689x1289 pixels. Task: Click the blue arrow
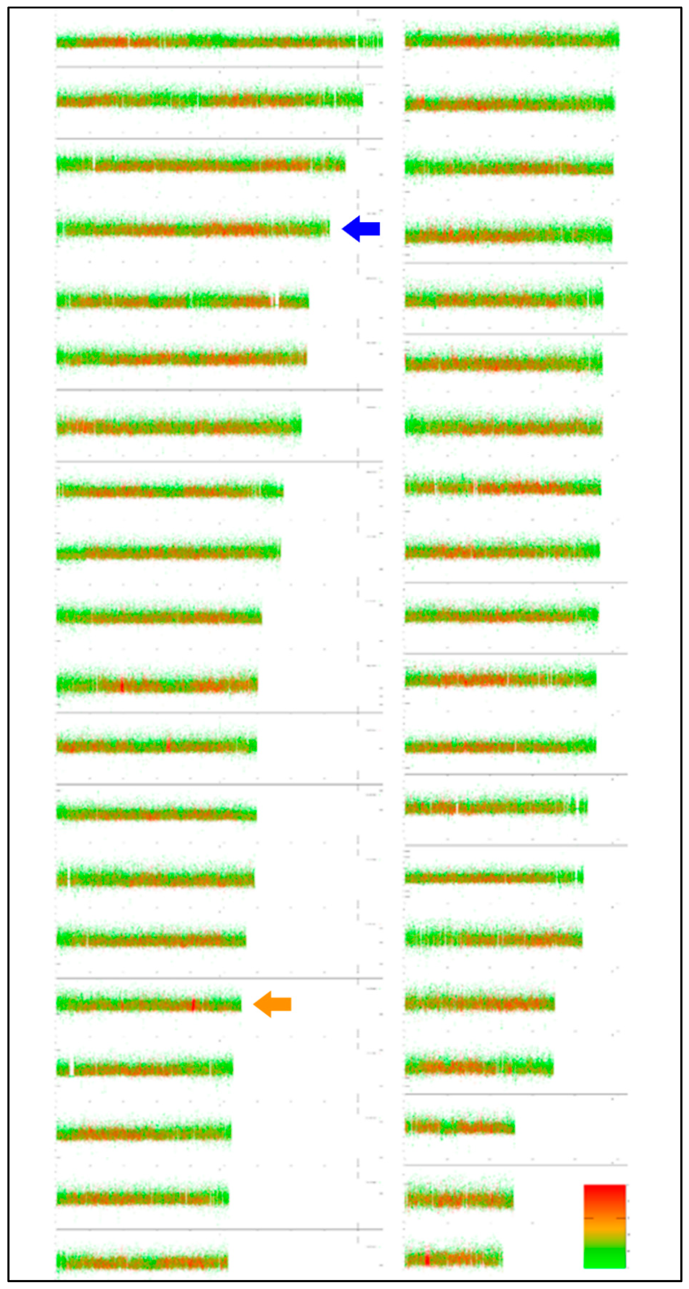tap(361, 229)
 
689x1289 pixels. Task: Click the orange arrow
tap(273, 1004)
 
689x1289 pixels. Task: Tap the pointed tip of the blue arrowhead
tap(343, 229)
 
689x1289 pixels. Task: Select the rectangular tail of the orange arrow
tap(282, 1004)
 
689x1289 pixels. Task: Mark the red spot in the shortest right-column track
tap(427, 1257)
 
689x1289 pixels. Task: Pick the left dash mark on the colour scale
tap(588, 1218)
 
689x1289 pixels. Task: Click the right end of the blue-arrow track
tap(329, 229)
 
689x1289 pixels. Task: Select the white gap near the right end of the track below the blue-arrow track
tap(274, 300)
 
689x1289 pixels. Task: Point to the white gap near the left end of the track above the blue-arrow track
tap(93, 163)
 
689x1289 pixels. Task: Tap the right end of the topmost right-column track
tap(619, 38)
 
